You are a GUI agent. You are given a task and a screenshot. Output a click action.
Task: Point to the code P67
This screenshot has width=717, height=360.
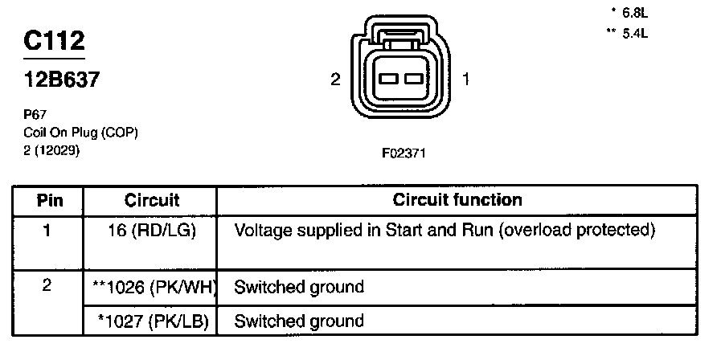pyautogui.click(x=35, y=115)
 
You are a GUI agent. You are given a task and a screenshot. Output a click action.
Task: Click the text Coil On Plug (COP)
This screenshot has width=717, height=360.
pyautogui.click(x=80, y=133)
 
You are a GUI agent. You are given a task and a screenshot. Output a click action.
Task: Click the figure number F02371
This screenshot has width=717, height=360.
pyautogui.click(x=401, y=152)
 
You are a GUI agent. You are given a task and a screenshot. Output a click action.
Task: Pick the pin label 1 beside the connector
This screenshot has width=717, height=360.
pyautogui.click(x=466, y=79)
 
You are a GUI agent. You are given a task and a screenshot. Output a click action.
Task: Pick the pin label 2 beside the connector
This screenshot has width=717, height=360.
pyautogui.click(x=336, y=79)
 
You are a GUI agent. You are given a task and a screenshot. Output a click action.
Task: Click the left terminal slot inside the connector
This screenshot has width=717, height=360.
pyautogui.click(x=389, y=79)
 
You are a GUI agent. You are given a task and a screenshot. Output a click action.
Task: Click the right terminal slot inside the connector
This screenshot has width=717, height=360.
pyautogui.click(x=413, y=79)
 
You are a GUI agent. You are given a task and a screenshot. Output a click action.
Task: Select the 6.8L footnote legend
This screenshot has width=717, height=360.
pyautogui.click(x=629, y=12)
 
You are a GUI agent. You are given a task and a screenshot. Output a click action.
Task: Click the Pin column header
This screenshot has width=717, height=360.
pyautogui.click(x=50, y=200)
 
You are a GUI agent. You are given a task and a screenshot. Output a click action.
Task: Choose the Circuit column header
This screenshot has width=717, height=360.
pyautogui.click(x=152, y=200)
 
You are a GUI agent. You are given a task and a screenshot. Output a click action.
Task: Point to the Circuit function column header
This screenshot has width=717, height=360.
pyautogui.click(x=457, y=200)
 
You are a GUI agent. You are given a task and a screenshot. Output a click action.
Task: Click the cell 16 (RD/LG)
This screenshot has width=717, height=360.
pyautogui.click(x=152, y=231)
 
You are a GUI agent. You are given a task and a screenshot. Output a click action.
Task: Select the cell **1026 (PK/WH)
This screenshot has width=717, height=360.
pyautogui.click(x=152, y=286)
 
